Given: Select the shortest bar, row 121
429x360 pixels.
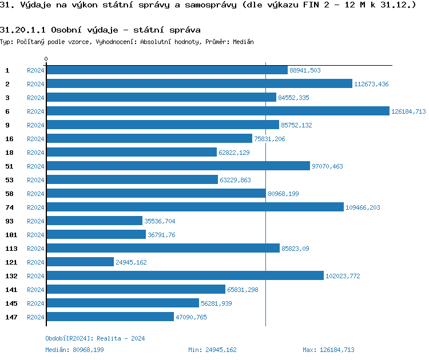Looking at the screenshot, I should [80, 262].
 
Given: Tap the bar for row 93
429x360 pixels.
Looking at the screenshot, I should [94, 221].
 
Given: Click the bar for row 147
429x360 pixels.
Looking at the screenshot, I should [110, 317].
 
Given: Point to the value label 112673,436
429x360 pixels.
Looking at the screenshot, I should [371, 84].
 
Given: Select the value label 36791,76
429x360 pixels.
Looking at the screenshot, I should [162, 235].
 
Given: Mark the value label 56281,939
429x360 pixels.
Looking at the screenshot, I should [216, 303].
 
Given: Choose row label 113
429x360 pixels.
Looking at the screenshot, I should [11, 248].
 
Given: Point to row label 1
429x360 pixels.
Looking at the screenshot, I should [7, 70].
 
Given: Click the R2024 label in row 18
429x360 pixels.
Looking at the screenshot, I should [35, 153].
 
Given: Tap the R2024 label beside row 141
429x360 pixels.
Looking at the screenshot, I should [35, 290].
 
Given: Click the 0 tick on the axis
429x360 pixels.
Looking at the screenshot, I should [46, 59].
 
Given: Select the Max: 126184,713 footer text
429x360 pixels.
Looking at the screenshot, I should [328, 350].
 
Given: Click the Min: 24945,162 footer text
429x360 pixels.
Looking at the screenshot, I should [212, 350].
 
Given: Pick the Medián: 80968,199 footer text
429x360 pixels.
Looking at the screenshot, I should [74, 350].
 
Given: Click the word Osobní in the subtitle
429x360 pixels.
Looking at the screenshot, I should [67, 30].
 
